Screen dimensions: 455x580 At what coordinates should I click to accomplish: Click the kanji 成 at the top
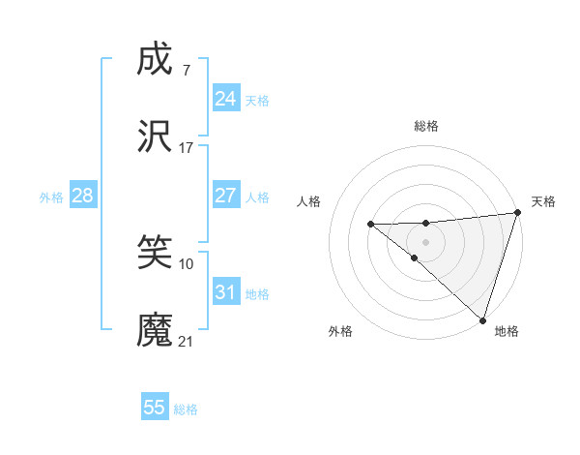tap(156, 59)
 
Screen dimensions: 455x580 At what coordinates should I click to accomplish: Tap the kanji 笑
tap(156, 253)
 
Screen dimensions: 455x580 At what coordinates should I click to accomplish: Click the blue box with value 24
tap(225, 99)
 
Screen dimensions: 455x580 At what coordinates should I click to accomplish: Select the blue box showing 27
tap(225, 196)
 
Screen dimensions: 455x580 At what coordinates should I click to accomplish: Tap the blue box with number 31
tap(225, 292)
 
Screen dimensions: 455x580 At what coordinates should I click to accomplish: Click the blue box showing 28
tap(82, 196)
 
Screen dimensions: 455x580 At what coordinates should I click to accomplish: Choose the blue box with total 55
tap(155, 408)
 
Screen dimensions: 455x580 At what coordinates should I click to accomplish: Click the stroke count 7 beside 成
tap(186, 70)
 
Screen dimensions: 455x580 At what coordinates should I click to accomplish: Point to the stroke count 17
tap(187, 148)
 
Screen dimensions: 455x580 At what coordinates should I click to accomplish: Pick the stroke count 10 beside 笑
tap(187, 263)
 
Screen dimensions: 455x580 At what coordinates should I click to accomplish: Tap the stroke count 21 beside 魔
tap(187, 342)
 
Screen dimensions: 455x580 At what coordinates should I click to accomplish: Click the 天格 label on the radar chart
tap(544, 201)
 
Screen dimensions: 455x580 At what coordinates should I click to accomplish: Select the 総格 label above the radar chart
tap(426, 126)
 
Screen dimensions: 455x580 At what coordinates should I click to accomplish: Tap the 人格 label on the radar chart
tap(309, 201)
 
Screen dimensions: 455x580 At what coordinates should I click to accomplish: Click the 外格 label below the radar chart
tap(340, 331)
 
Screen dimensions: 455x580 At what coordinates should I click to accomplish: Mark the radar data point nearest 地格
tap(482, 319)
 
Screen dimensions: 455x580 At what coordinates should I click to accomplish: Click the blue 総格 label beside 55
tap(186, 409)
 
